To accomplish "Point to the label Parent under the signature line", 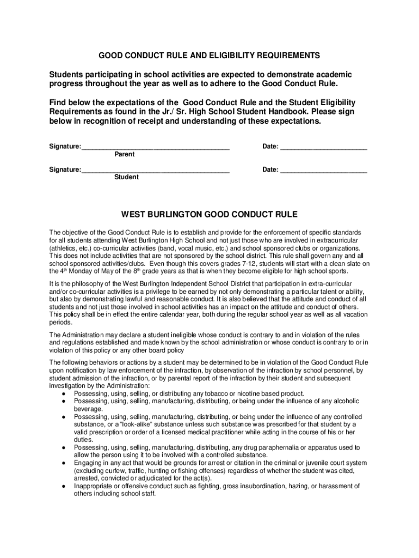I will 125,155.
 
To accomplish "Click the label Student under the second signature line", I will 126,177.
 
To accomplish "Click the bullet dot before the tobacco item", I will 65,394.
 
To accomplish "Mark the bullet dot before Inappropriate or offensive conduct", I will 65,487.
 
